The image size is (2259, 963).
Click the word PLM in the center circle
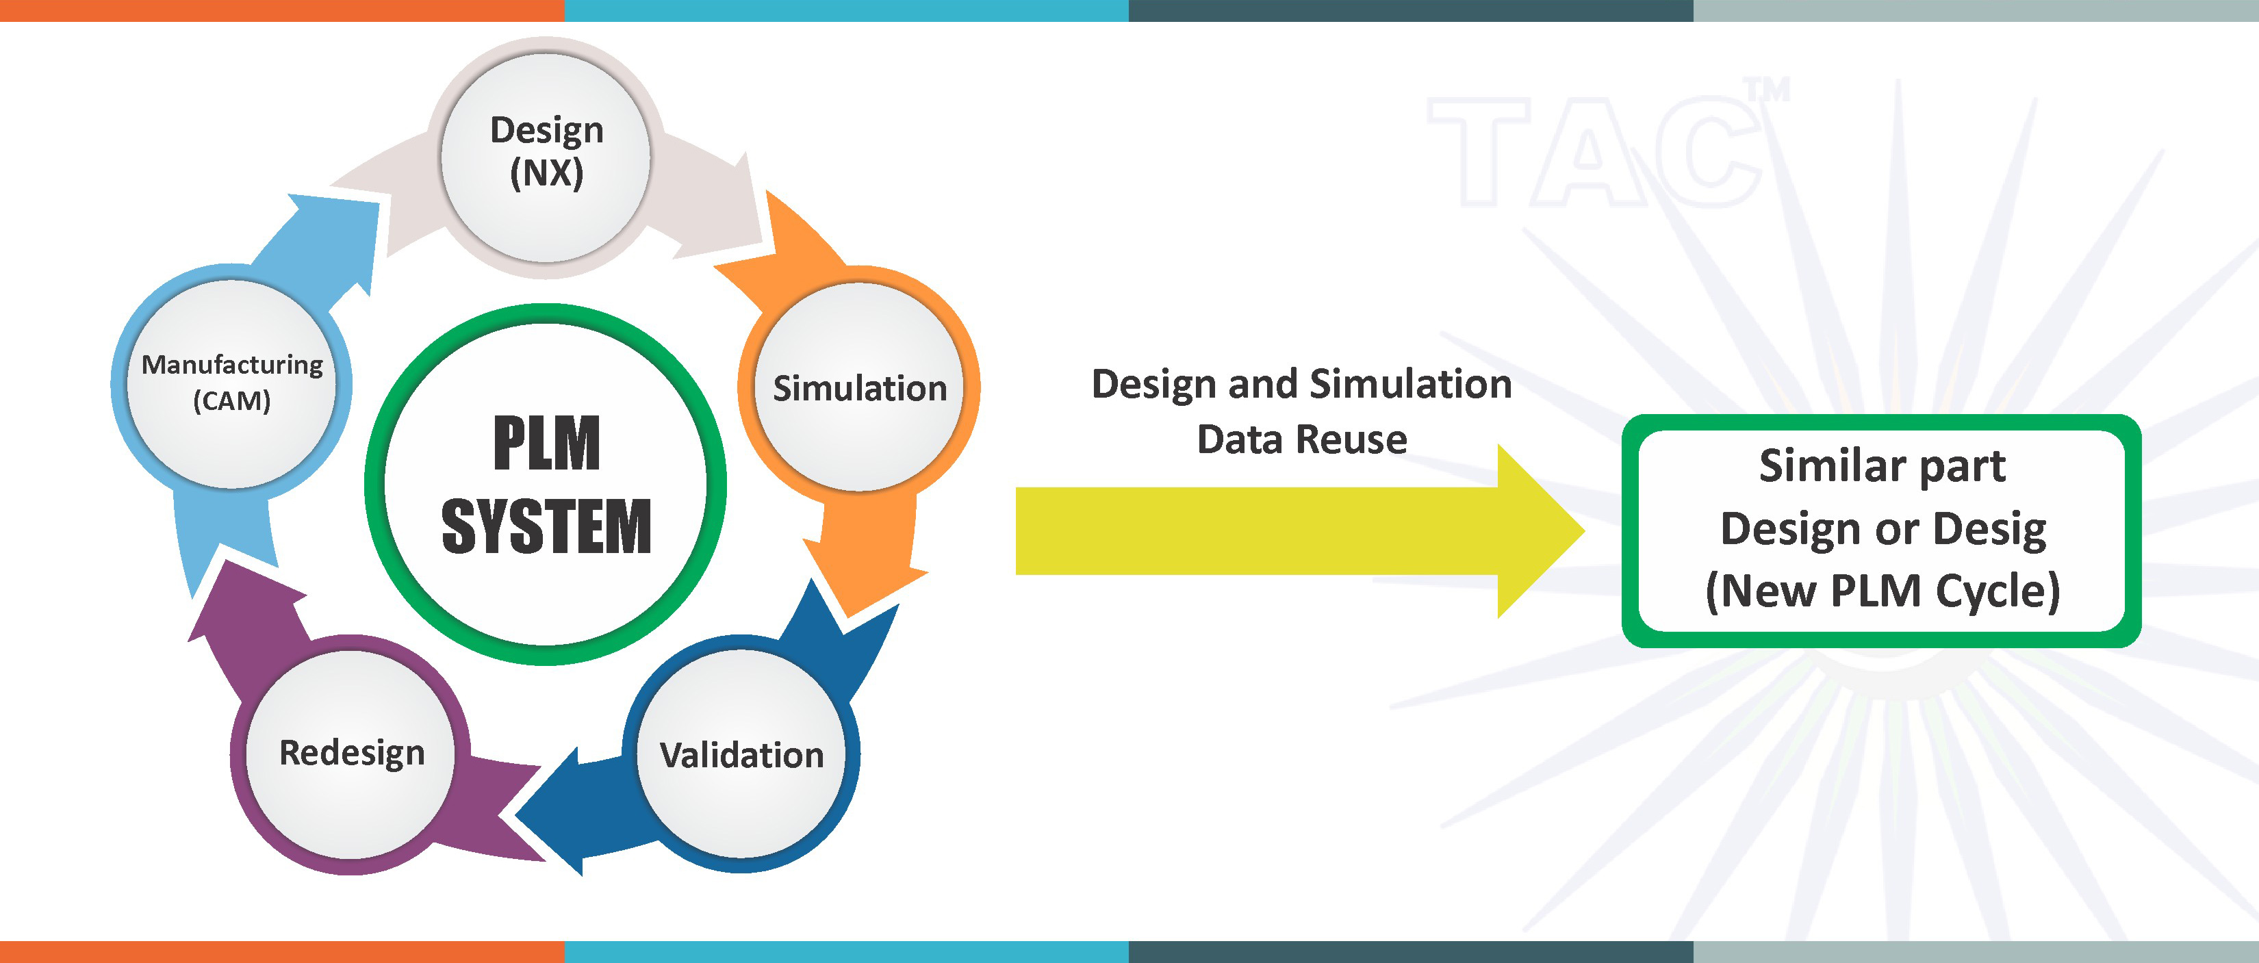point(546,443)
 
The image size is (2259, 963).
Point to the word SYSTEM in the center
point(546,526)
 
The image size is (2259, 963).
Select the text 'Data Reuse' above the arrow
point(1301,439)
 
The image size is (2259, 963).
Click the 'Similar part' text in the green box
point(1882,465)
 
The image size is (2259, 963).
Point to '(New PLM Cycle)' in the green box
point(1882,590)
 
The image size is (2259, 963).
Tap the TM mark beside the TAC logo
point(1765,90)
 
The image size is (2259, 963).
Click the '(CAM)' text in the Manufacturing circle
point(231,401)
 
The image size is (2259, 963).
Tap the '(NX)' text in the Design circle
point(546,172)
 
